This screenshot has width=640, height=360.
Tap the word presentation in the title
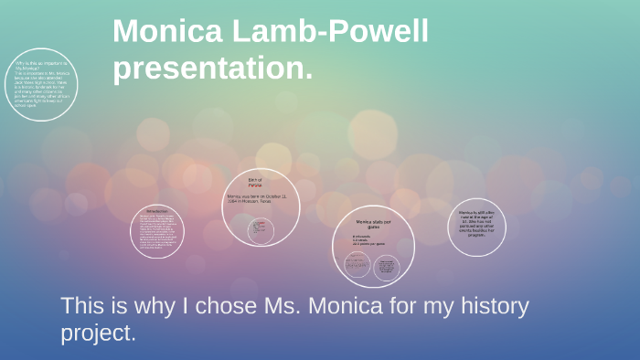click(x=212, y=68)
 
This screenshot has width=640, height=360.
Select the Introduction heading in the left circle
click(x=157, y=210)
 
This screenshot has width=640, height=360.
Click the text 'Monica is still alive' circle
click(x=480, y=221)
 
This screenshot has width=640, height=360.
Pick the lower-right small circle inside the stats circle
click(x=387, y=268)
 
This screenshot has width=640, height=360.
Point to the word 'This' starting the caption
click(x=80, y=306)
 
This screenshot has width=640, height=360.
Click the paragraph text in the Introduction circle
click(x=156, y=232)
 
